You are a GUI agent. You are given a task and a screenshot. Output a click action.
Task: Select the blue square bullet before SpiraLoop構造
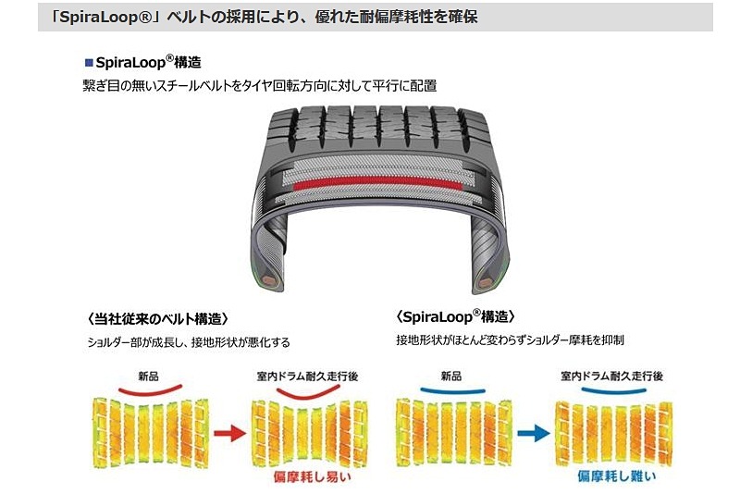(89, 63)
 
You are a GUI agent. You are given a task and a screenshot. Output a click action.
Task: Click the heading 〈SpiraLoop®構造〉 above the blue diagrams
(454, 316)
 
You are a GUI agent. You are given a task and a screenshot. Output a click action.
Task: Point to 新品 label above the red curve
(149, 377)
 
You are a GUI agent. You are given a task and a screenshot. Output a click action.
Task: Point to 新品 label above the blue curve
(450, 377)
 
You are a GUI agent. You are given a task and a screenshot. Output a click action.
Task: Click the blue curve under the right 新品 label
(451, 391)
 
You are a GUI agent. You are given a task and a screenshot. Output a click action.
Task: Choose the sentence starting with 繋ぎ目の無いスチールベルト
(259, 85)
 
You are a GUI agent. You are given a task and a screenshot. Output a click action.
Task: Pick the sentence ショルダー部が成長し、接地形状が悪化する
(186, 342)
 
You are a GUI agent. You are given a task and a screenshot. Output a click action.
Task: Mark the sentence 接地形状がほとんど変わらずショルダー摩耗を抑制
(510, 340)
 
